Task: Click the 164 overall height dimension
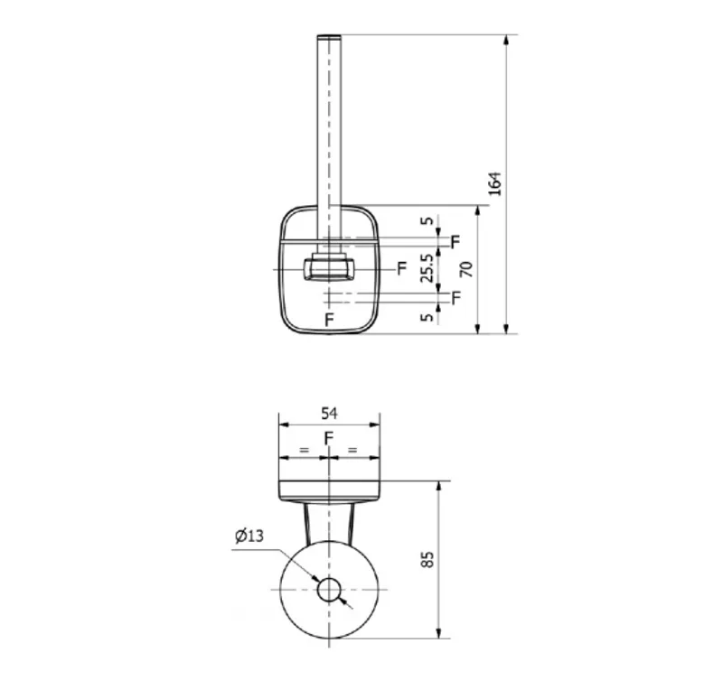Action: coord(495,183)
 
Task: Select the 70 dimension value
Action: coord(467,269)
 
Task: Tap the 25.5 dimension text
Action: coord(427,267)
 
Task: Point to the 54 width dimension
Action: coord(329,414)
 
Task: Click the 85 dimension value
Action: coord(427,559)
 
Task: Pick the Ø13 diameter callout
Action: coord(249,536)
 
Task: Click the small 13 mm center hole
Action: coord(329,591)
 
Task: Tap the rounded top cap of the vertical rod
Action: coord(329,37)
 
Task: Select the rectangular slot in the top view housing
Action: coord(329,269)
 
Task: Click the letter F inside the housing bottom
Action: coord(329,320)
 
